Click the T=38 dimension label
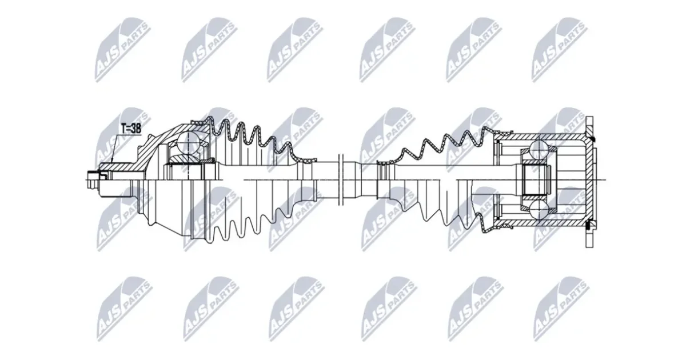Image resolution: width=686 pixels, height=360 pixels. click(x=131, y=129)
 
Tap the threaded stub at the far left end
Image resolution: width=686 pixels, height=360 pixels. click(x=93, y=179)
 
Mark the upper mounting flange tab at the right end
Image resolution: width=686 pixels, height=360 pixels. click(x=589, y=126)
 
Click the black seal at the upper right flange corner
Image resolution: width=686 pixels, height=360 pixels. click(x=594, y=139)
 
